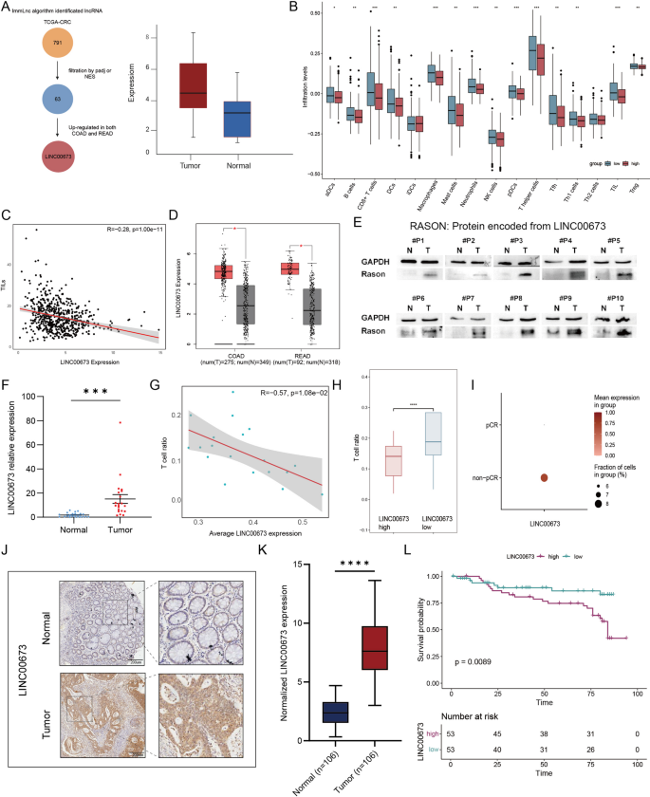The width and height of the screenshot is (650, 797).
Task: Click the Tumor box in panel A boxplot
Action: pyautogui.click(x=194, y=86)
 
